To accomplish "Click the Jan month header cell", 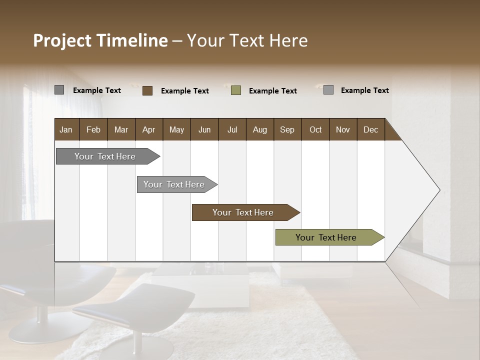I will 66,129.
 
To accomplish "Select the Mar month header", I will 121,129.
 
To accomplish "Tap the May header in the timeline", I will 176,129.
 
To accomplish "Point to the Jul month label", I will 232,129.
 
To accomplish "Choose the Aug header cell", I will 259,129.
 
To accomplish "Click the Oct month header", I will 315,129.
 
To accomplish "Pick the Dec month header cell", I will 370,129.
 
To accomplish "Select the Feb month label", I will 93,129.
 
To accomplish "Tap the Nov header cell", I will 343,129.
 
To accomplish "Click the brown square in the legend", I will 147,90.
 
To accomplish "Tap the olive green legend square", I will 236,90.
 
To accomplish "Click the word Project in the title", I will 62,40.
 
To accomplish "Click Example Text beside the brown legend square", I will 184,91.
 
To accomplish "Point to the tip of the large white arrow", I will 438,190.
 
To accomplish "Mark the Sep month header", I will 287,129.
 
